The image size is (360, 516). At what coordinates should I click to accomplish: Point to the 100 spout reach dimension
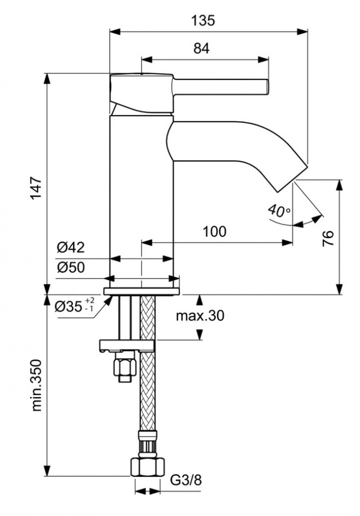click(214, 231)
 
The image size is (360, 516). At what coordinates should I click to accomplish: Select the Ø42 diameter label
click(71, 248)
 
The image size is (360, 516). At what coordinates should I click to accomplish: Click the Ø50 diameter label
click(71, 267)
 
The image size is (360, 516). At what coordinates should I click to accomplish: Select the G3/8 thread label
click(187, 481)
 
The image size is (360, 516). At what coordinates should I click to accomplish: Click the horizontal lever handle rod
click(222, 86)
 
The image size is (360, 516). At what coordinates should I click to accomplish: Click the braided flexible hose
click(148, 392)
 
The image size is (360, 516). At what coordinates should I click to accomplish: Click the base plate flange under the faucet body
click(142, 291)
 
